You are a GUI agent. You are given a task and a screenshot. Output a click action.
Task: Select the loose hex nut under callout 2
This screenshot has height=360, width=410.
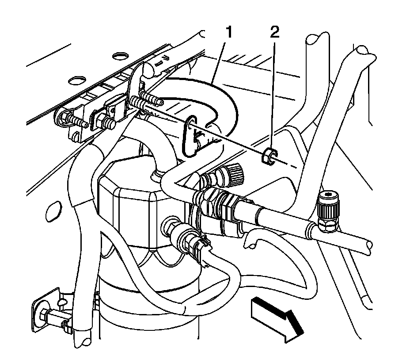[268, 156]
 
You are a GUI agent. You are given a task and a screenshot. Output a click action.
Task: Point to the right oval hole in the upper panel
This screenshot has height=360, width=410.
[118, 56]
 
